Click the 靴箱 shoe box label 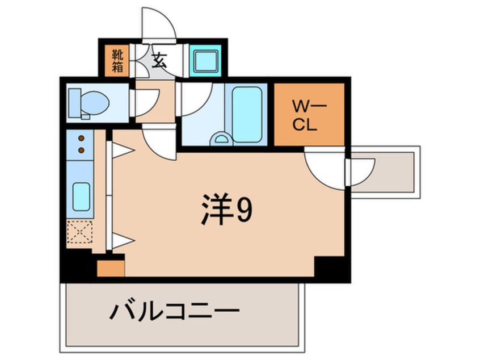[117, 61]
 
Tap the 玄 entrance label [160, 60]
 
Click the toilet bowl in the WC [95, 103]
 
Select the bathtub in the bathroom [247, 115]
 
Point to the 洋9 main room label [227, 209]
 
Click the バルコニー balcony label [175, 312]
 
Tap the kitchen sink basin [81, 196]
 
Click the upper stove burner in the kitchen [81, 139]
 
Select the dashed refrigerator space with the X [79, 232]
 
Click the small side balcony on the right [385, 172]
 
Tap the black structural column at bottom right [332, 269]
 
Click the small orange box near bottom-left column [111, 269]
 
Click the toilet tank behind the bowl [75, 103]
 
